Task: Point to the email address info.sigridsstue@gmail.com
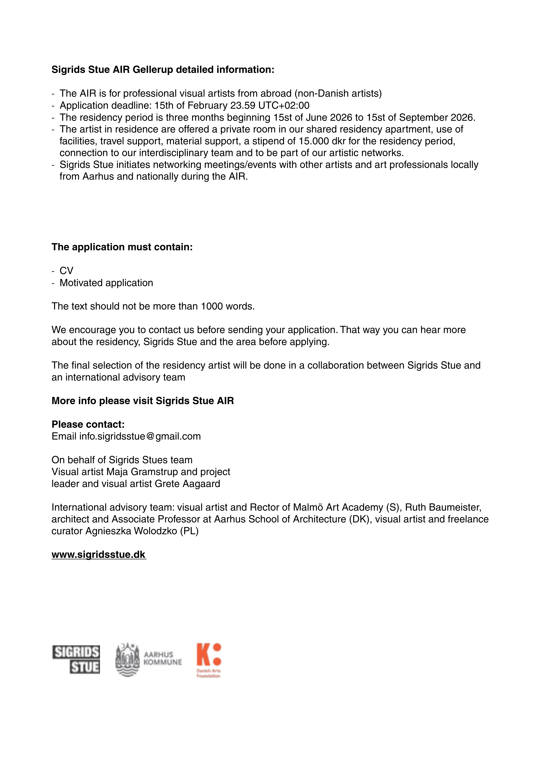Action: pos(140,436)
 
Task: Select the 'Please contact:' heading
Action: pos(88,424)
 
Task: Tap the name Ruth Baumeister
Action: pos(443,507)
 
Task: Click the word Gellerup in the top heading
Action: pos(153,70)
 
